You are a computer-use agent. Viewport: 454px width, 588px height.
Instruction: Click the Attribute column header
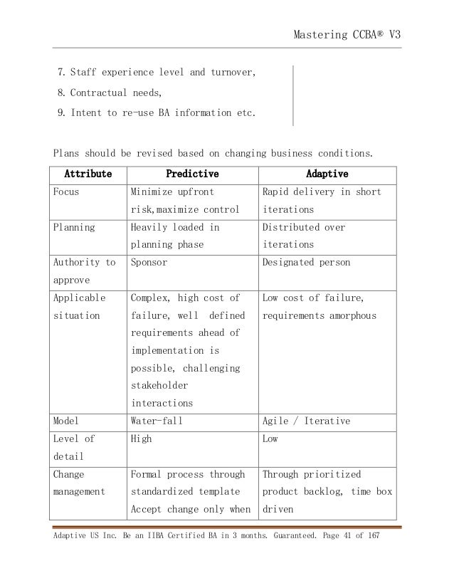coord(88,174)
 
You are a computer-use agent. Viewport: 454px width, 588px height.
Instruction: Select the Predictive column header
coord(192,174)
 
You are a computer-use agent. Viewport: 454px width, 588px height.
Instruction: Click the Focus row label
coord(66,192)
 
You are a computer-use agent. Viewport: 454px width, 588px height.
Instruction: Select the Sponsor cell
coord(148,263)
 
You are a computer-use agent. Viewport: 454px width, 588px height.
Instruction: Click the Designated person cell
coord(306,263)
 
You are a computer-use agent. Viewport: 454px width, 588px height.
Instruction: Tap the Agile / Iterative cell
coord(306,421)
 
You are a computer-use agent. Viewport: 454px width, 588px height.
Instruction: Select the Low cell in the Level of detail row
coord(270,439)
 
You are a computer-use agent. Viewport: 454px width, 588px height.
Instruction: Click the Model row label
coord(66,421)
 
